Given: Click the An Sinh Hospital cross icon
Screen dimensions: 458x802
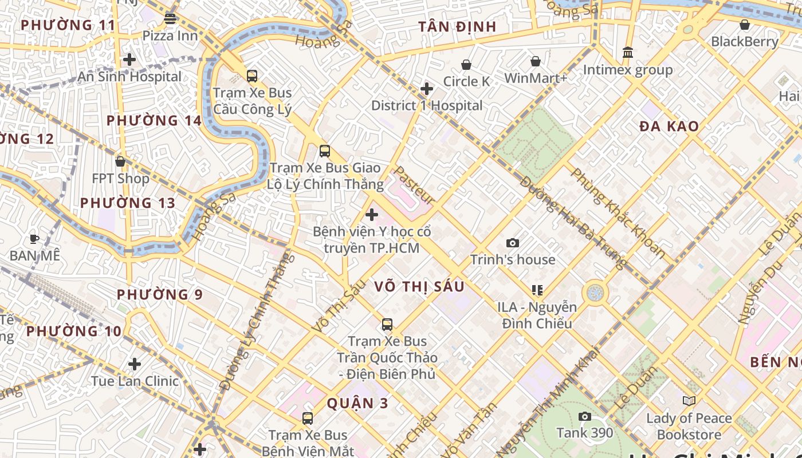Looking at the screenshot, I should (129, 60).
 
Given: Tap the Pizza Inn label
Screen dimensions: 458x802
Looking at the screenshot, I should (170, 35).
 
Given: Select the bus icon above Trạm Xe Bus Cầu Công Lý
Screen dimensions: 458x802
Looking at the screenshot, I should (251, 76).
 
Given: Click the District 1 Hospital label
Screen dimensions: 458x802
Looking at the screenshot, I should (427, 105).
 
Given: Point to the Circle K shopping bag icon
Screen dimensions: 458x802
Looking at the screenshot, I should (466, 65).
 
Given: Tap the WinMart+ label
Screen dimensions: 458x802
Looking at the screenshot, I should (536, 78).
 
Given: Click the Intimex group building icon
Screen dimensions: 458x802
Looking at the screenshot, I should (628, 53).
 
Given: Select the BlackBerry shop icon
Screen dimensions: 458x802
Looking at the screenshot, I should (744, 25).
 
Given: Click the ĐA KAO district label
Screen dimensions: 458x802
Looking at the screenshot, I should (669, 127).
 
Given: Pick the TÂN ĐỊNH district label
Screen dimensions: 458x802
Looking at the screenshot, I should (457, 27).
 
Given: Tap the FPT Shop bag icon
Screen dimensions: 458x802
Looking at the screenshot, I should (120, 162).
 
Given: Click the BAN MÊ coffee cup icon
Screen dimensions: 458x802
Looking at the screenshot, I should (34, 239).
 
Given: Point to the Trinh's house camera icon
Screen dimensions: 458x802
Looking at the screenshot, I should (513, 243).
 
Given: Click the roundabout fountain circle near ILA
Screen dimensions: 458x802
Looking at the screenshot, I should (595, 293).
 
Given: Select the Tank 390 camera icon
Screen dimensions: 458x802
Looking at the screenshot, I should (584, 416).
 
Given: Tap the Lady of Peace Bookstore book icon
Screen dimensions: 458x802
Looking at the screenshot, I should (689, 401).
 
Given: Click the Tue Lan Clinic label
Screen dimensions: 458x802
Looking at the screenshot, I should (135, 381).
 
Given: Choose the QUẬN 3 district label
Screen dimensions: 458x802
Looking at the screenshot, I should (357, 403).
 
